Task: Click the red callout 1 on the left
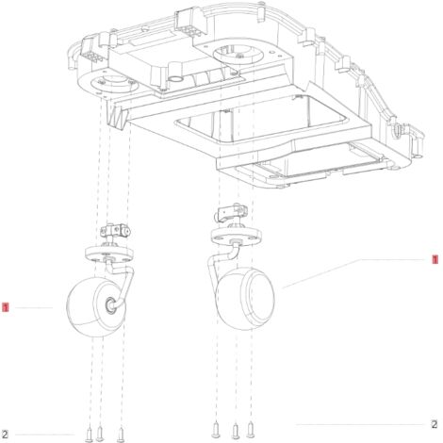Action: click(x=6, y=307)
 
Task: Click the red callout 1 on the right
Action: click(x=435, y=259)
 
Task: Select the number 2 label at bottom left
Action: click(x=5, y=435)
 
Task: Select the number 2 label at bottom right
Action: click(x=435, y=424)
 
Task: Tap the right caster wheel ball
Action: click(x=245, y=299)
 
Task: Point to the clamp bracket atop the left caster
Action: click(x=115, y=231)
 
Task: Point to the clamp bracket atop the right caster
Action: click(x=231, y=213)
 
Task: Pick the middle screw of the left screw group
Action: click(x=100, y=434)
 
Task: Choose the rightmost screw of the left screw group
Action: click(x=121, y=435)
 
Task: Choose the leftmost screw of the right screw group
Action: click(x=216, y=430)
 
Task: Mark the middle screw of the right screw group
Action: click(x=236, y=431)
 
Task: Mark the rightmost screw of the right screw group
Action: click(x=251, y=430)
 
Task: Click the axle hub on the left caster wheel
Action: click(x=110, y=304)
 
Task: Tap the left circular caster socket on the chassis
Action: click(x=114, y=84)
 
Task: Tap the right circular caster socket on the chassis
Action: click(x=238, y=54)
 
